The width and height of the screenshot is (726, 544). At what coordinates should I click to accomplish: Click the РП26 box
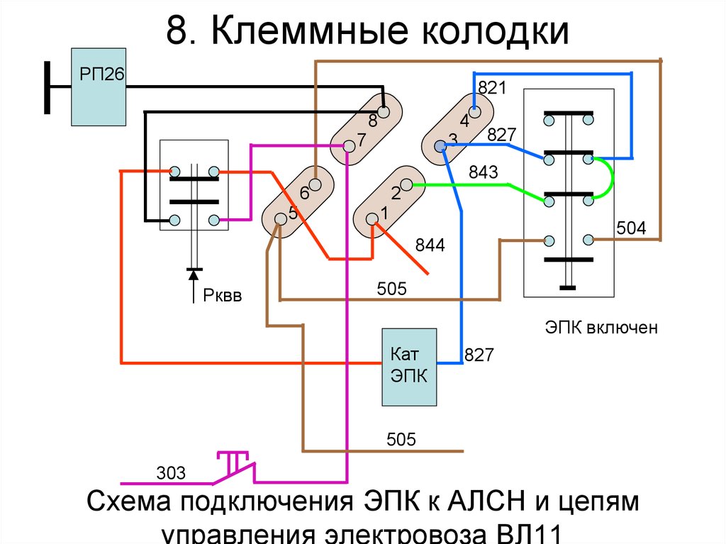(x=98, y=87)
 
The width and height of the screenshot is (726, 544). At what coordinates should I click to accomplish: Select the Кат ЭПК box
(x=409, y=367)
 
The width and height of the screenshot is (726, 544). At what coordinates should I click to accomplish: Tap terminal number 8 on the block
(x=384, y=112)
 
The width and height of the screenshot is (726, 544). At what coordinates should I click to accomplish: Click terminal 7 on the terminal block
(x=348, y=146)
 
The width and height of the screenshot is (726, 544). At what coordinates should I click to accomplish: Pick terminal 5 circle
(x=281, y=218)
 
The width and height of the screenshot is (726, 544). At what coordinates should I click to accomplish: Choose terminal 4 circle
(x=476, y=111)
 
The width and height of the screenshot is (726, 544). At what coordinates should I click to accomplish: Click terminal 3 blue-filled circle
(x=440, y=146)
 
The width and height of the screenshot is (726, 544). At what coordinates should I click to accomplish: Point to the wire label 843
(x=484, y=172)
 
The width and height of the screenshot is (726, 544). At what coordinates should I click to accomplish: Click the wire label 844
(x=431, y=246)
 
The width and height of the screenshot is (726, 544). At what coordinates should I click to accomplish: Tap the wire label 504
(x=630, y=228)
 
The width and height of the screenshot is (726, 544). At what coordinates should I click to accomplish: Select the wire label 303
(x=171, y=472)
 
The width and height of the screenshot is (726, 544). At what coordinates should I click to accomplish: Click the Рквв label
(x=223, y=296)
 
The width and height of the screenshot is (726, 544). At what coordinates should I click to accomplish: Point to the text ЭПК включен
(x=602, y=328)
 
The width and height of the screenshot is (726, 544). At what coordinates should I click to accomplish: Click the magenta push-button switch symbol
(x=236, y=464)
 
